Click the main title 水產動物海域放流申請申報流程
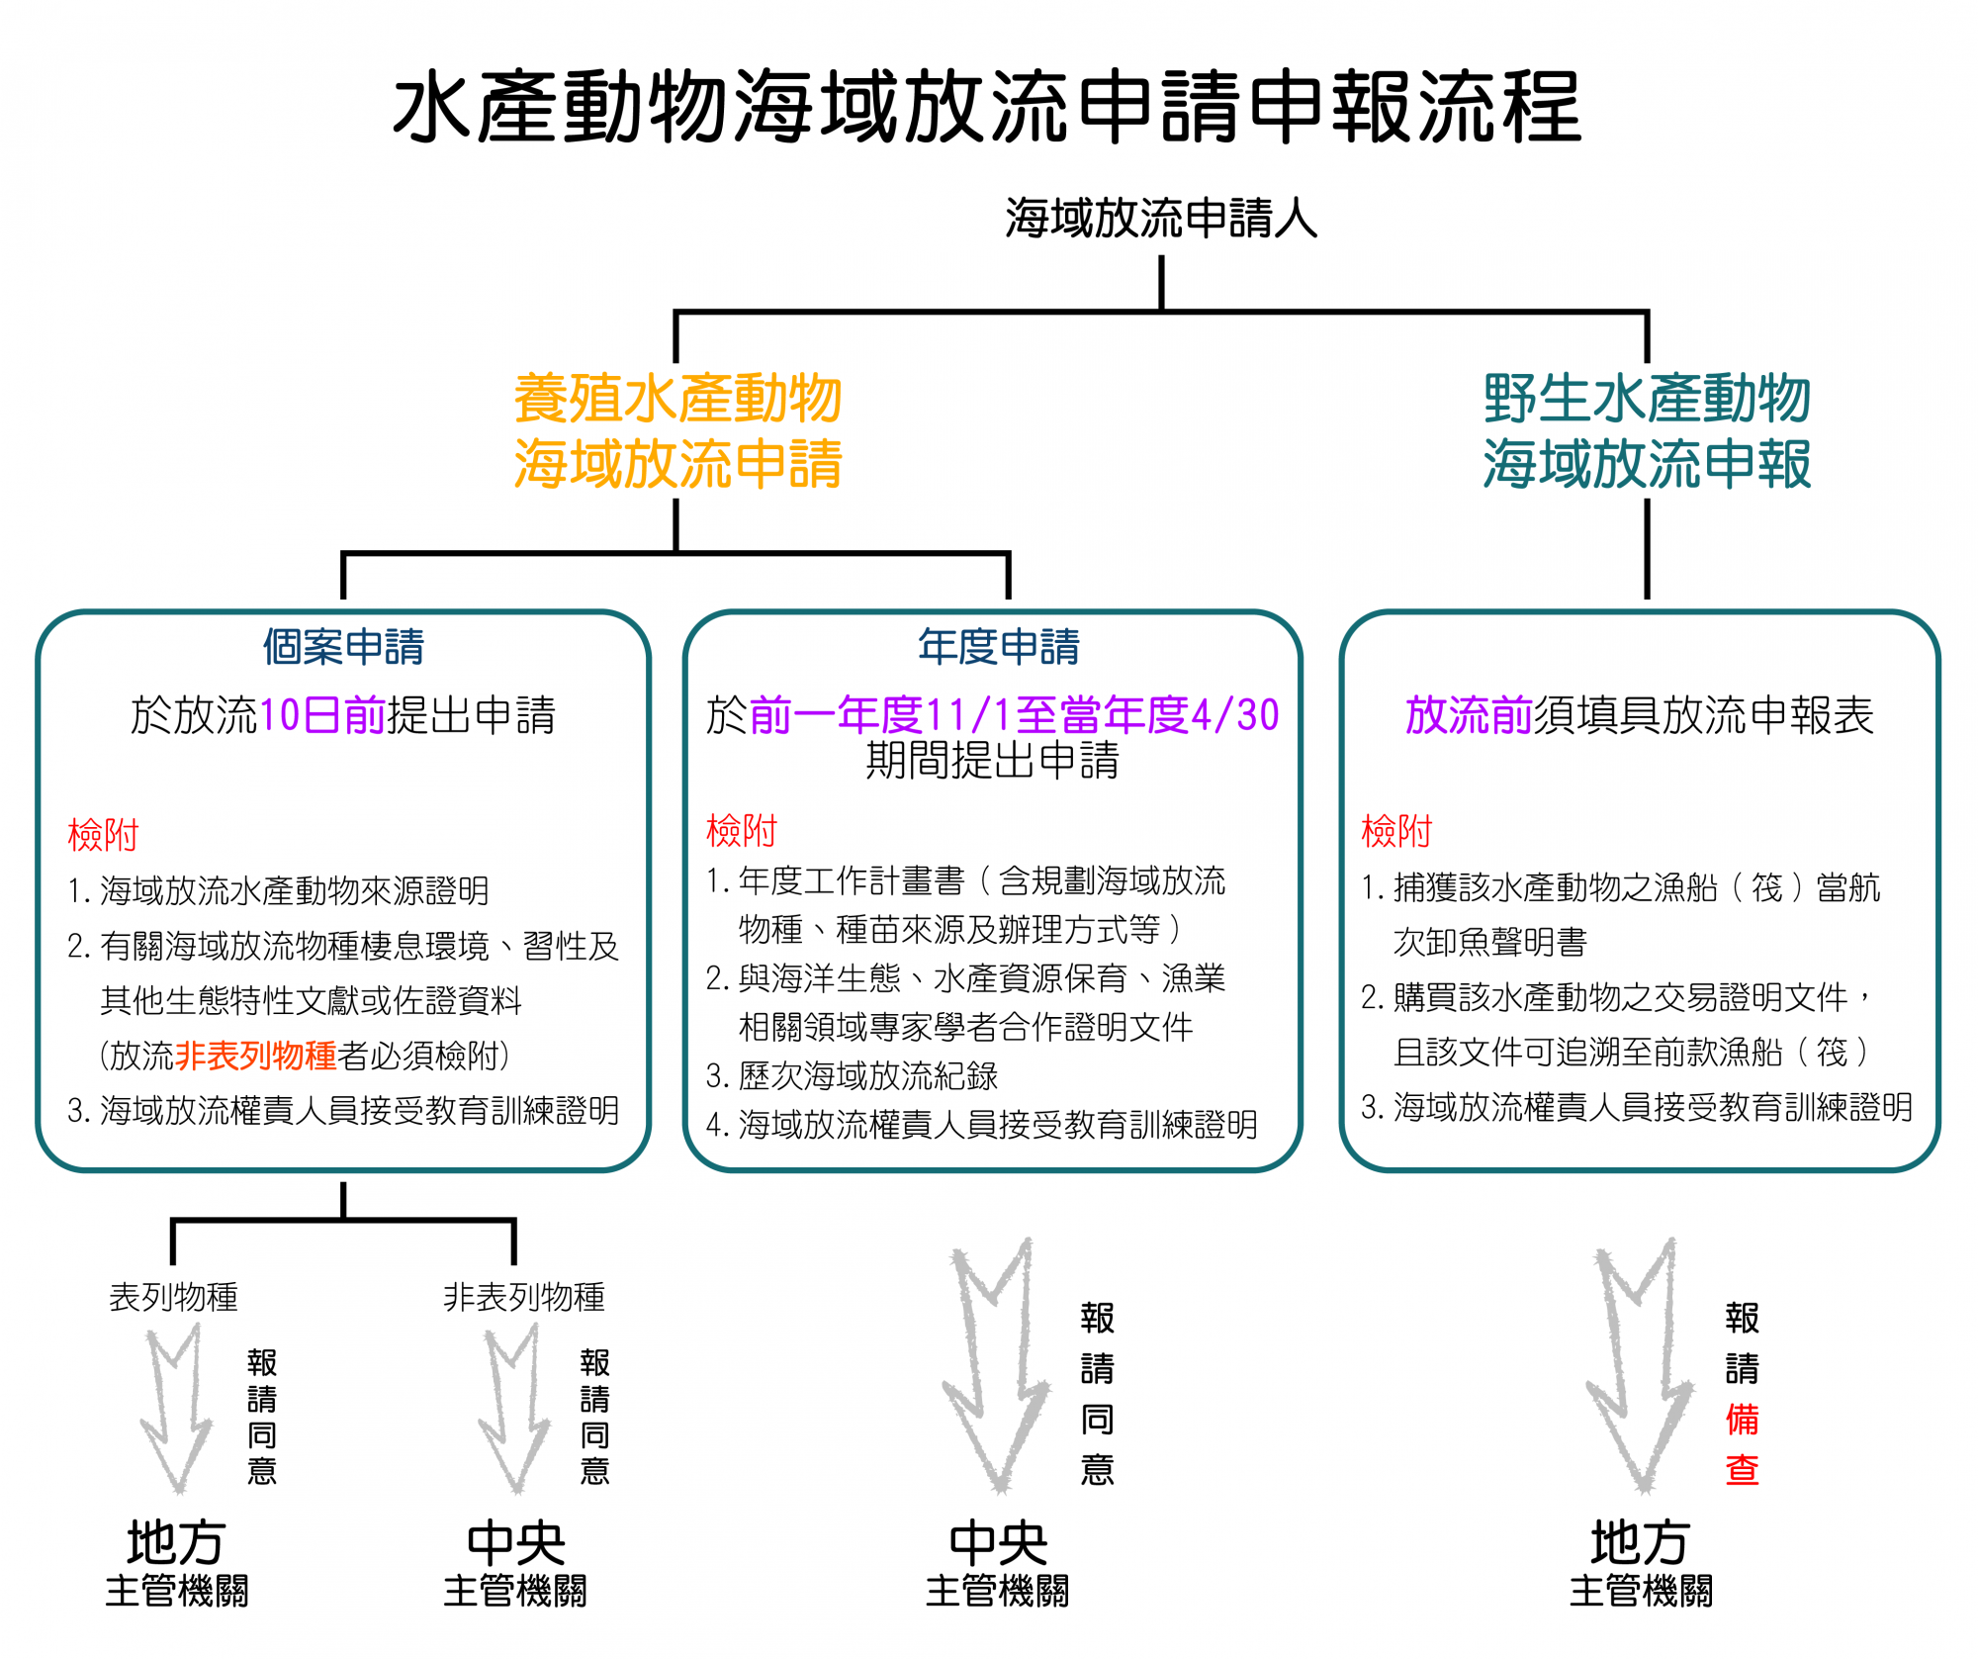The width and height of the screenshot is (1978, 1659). [987, 107]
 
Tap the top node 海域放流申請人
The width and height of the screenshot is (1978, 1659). [1161, 218]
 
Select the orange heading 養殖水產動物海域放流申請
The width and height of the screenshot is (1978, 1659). [677, 431]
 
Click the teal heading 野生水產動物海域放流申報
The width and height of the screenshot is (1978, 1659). [1647, 431]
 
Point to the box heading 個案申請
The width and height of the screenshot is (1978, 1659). [343, 647]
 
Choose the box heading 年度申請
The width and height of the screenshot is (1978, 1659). [998, 647]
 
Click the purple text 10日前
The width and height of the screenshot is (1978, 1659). [321, 715]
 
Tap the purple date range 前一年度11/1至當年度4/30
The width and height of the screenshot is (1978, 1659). [1014, 715]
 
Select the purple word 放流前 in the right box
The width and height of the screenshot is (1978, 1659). [1468, 715]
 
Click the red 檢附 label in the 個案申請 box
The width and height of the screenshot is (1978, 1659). [103, 835]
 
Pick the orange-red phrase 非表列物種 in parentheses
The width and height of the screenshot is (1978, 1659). [256, 1056]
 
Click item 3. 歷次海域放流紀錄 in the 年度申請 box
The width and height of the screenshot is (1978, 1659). [852, 1075]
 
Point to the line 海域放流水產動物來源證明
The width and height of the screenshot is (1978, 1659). [294, 890]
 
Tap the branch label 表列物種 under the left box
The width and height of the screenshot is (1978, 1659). [173, 1297]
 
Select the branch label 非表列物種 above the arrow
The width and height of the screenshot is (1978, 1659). [524, 1297]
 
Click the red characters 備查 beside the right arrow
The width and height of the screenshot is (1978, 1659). [1742, 1445]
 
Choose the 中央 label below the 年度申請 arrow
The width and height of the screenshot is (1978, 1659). [998, 1542]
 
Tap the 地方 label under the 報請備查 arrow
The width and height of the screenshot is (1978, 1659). [1639, 1542]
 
